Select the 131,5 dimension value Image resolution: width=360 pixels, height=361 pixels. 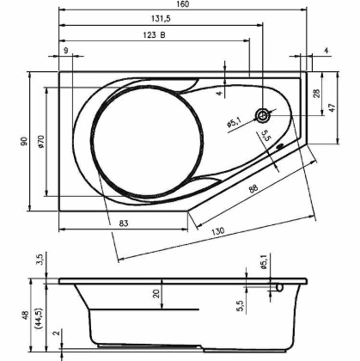(157, 20)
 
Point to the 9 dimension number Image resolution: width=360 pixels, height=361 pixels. (65, 52)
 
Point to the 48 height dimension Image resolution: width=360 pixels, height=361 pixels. (26, 315)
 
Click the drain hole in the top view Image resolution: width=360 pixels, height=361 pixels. (263, 115)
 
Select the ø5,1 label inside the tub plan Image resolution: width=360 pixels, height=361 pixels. (233, 123)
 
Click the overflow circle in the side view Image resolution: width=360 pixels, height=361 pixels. (278, 286)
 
